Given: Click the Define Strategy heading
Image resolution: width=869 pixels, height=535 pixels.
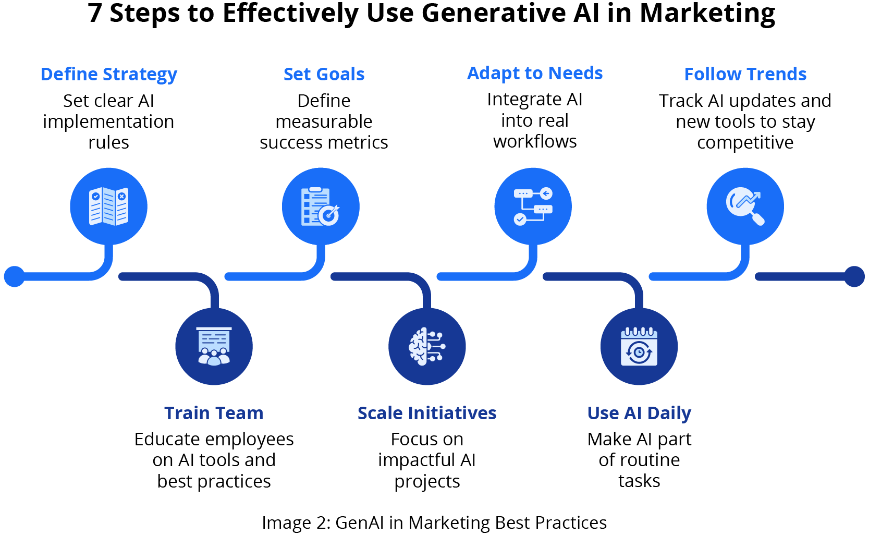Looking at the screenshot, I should click(109, 75).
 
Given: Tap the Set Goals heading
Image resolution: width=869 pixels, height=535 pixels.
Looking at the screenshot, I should click(324, 74).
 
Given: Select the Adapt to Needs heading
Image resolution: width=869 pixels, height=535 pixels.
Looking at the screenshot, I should click(535, 74).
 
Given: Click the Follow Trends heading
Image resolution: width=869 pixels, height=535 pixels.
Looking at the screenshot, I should click(745, 74).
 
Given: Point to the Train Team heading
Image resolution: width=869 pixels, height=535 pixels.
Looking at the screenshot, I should click(214, 413).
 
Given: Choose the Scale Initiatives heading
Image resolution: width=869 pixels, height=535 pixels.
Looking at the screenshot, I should click(426, 413).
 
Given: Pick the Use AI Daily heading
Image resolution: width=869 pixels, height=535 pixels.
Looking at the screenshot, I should click(639, 413).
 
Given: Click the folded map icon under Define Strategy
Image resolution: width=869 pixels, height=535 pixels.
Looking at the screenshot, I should click(108, 206).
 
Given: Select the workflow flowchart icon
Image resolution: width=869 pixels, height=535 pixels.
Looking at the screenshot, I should click(533, 206).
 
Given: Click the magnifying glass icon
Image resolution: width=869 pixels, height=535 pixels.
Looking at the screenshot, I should click(745, 206).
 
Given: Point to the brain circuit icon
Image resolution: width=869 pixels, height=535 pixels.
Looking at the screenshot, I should click(426, 346).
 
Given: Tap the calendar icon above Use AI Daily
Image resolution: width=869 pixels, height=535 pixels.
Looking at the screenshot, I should click(639, 346).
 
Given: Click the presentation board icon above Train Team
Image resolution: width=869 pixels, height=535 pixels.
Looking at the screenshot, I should click(214, 346).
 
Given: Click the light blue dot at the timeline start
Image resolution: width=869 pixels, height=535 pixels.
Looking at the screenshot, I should click(14, 276).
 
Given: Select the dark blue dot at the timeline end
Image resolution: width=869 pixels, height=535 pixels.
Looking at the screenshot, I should click(854, 276).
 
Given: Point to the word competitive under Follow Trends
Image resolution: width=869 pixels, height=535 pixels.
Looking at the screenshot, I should click(745, 142).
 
